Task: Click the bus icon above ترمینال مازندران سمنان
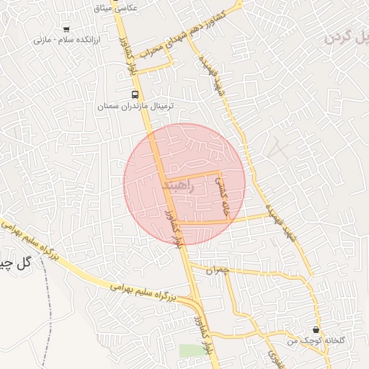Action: [135, 94]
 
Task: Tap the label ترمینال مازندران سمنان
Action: [136, 106]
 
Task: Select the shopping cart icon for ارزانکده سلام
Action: [66, 30]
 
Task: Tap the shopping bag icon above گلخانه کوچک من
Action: [316, 329]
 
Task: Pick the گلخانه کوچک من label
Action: [314, 339]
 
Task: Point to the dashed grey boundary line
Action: [48, 303]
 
